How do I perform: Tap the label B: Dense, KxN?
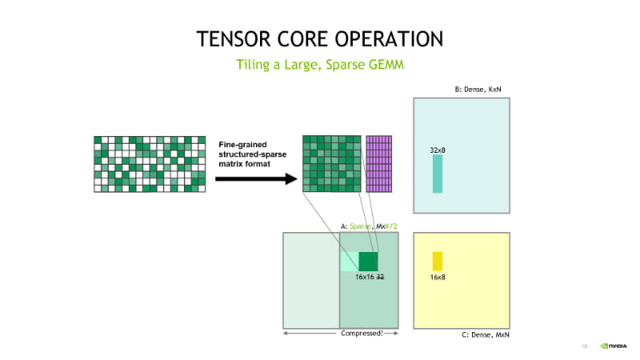pyautogui.click(x=481, y=89)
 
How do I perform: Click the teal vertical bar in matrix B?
pyautogui.click(x=437, y=174)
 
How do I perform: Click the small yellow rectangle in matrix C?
pyautogui.click(x=437, y=261)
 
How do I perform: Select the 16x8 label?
pyautogui.click(x=438, y=277)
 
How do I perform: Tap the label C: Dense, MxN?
pyautogui.click(x=485, y=334)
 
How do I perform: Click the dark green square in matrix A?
pyautogui.click(x=368, y=262)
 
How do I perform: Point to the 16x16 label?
pyautogui.click(x=365, y=277)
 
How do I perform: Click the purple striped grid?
pyautogui.click(x=379, y=164)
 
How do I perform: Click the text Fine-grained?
pyautogui.click(x=243, y=144)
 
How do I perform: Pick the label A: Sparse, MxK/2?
pyautogui.click(x=369, y=226)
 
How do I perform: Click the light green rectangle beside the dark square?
pyautogui.click(x=349, y=262)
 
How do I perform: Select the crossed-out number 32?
pyautogui.click(x=381, y=277)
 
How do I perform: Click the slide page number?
pyautogui.click(x=585, y=346)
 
